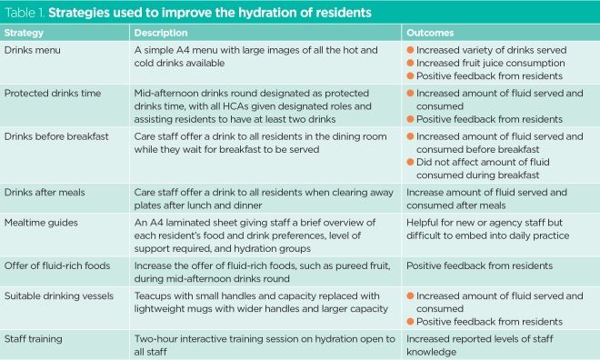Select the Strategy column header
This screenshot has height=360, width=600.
pyautogui.click(x=26, y=33)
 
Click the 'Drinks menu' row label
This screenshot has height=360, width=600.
pyautogui.click(x=35, y=49)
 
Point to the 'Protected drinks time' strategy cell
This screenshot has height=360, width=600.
pyautogui.click(x=53, y=93)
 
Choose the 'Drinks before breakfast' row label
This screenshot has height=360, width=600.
pyautogui.click(x=56, y=136)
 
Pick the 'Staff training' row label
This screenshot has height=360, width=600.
pyautogui.click(x=35, y=338)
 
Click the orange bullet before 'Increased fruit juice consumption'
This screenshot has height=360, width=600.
pyautogui.click(x=410, y=64)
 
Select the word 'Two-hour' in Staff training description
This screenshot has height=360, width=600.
pyautogui.click(x=155, y=338)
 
